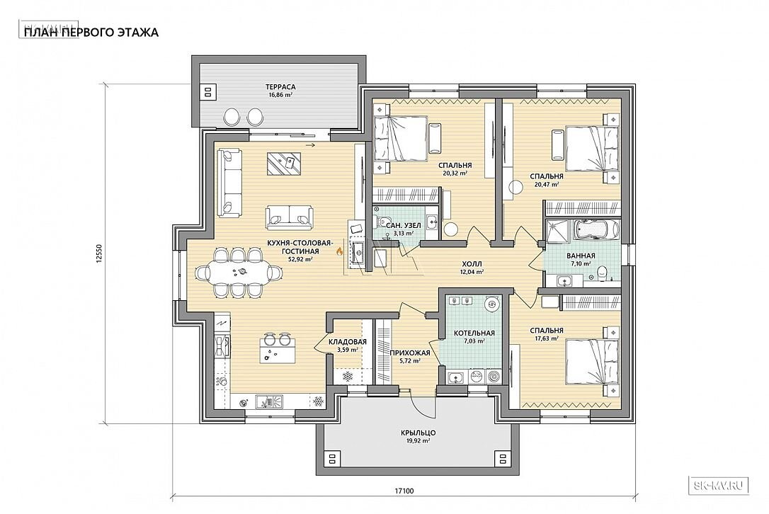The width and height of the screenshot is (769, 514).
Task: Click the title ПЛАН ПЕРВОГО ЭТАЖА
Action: tap(91, 33)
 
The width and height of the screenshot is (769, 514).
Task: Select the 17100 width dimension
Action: tap(404, 491)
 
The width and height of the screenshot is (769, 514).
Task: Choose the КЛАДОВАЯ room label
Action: tap(348, 342)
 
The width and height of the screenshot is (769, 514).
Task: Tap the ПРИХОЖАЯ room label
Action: tap(410, 353)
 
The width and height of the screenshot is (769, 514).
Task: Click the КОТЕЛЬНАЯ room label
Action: tap(474, 333)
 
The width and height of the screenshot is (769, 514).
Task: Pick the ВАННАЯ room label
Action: tap(581, 256)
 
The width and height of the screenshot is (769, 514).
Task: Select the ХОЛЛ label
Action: tap(472, 264)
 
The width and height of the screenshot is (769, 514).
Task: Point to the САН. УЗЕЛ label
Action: tap(403, 226)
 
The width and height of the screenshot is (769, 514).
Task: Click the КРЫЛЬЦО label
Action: tap(418, 433)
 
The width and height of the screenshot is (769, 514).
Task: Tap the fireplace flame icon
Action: tap(338, 251)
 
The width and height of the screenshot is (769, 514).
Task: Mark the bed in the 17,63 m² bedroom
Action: tap(593, 362)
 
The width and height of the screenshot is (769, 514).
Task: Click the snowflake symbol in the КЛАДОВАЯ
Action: tap(348, 377)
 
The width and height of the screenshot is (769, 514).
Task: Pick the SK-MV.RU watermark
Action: tap(719, 486)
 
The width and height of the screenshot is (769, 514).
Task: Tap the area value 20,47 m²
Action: tap(547, 185)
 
